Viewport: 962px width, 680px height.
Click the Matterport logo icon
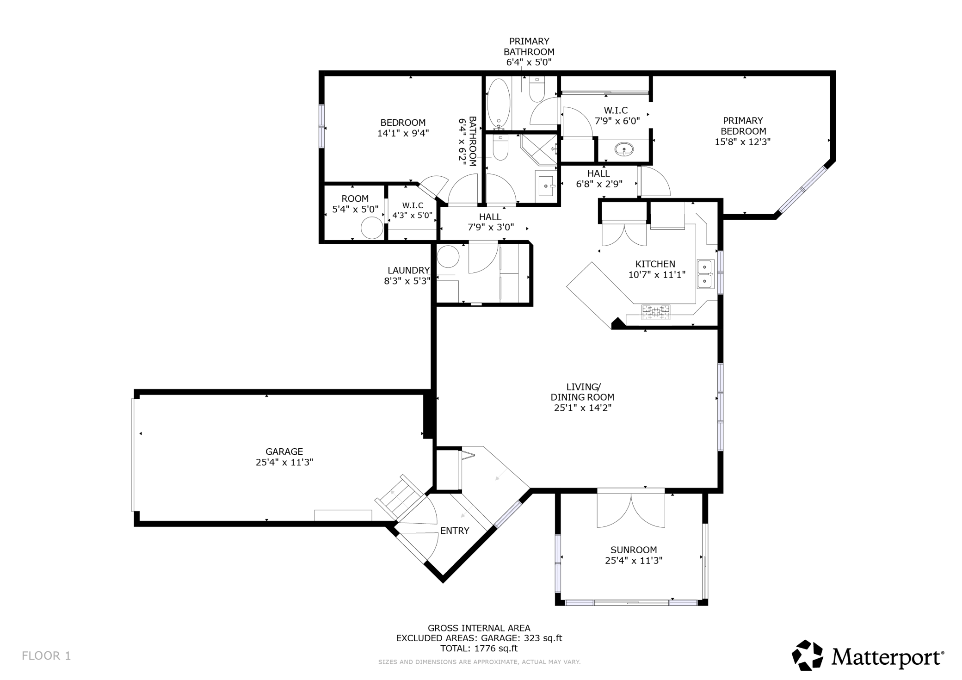coord(808,655)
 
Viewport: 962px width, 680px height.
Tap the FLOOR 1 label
coord(46,655)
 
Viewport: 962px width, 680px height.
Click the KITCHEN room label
coord(655,264)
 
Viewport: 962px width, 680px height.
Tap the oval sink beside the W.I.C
coord(625,149)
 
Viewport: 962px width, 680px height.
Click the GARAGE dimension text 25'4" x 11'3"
coord(284,462)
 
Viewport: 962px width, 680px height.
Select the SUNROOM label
coord(634,550)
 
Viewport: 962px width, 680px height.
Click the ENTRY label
coord(455,531)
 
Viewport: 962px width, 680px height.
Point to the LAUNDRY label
coord(409,270)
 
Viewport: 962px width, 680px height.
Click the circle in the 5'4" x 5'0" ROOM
coord(372,228)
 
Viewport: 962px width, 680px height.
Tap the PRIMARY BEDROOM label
coord(743,126)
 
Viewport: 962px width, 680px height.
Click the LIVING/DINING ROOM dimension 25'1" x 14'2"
coord(583,408)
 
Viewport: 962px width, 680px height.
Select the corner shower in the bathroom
coord(539,149)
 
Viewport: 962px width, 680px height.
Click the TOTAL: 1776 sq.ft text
coord(479,648)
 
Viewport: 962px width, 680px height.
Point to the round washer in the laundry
coord(448,256)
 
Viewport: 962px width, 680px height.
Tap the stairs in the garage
coord(399,496)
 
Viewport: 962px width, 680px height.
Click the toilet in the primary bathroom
coord(537,89)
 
